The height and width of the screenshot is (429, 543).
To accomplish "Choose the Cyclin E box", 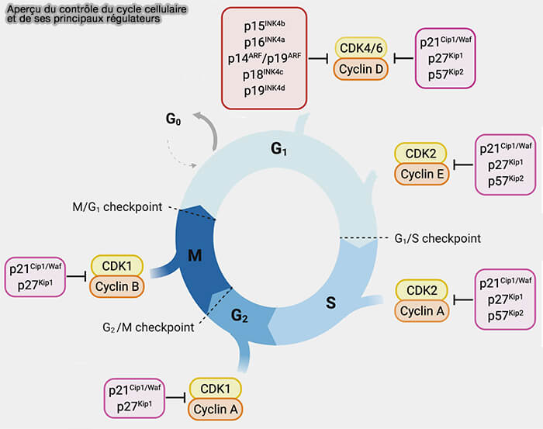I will coord(422,175).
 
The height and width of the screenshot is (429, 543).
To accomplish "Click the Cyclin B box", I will coord(117,286).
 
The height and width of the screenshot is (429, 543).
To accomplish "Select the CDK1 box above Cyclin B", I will coord(117,266).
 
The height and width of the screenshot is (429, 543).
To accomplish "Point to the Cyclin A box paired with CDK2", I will coord(422,311).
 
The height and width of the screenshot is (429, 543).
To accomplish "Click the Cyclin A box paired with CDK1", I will coord(216,408).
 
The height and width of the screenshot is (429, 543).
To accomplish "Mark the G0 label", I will coord(175,119).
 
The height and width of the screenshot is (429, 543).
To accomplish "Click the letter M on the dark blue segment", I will coord(195,255).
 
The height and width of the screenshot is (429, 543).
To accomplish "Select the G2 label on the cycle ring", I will coord(240,314).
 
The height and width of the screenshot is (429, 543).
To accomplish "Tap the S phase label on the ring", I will coord(330,303).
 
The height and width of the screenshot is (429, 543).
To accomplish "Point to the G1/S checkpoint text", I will coord(438,238).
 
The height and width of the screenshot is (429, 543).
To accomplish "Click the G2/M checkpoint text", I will coord(148,327).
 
